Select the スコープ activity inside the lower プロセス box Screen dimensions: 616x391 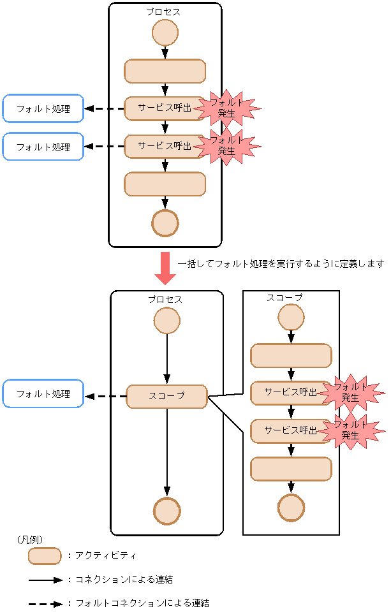tap(166, 396)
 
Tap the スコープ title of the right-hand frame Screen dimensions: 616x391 tap(284, 298)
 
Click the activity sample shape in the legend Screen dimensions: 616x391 tap(45, 556)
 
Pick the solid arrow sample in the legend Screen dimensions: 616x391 tap(45, 580)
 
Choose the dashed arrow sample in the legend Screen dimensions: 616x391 tap(45, 603)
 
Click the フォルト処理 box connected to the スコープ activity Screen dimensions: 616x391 tap(43, 394)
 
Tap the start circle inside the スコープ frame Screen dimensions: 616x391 tap(291, 317)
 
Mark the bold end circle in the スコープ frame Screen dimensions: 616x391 tap(291, 508)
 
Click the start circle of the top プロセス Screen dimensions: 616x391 tap(165, 33)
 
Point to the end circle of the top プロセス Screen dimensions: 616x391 tap(165, 223)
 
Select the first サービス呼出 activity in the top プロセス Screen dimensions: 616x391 tap(165, 108)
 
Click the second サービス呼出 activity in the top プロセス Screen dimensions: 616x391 tap(165, 146)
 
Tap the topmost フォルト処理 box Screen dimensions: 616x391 tap(43, 108)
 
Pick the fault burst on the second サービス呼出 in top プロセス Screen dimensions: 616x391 tap(227, 146)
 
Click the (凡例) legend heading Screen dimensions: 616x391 tap(30, 539)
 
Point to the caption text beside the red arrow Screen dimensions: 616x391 tap(281, 263)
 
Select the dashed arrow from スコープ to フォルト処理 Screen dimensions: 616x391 tap(106, 396)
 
